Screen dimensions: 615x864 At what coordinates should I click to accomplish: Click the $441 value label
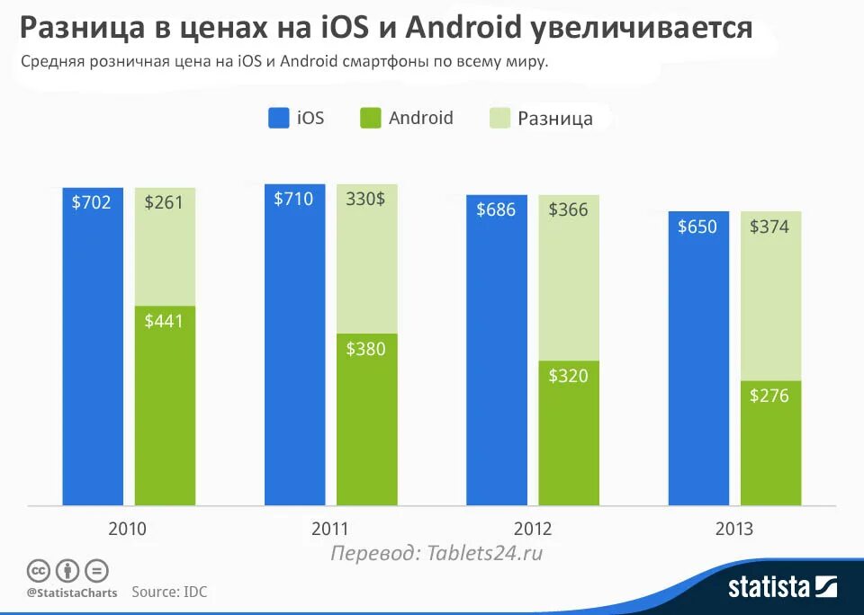coord(164,320)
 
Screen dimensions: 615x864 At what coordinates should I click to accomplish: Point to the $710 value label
coord(294,199)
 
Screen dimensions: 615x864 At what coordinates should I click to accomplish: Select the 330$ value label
coord(365,199)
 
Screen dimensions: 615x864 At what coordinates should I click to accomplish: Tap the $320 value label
coord(569,375)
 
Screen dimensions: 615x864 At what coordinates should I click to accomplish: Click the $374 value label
coord(770,227)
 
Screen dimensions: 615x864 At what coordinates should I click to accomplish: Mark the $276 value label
coord(770,395)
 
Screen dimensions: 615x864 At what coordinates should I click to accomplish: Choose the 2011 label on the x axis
coord(329,529)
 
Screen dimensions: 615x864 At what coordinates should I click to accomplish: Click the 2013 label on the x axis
coord(734,529)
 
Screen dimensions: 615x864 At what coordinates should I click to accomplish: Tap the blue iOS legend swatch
coord(278,118)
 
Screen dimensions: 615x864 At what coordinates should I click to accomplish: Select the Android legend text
coord(420,118)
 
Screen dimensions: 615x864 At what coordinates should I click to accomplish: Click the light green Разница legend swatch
coord(499,118)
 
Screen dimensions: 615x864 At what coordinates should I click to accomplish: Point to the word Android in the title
coord(463,29)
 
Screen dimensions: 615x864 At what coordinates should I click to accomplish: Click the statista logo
coord(781,588)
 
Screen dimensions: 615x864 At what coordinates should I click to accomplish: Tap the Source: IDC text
coord(169,592)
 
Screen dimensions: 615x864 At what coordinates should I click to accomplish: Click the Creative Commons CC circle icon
coord(38,571)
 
